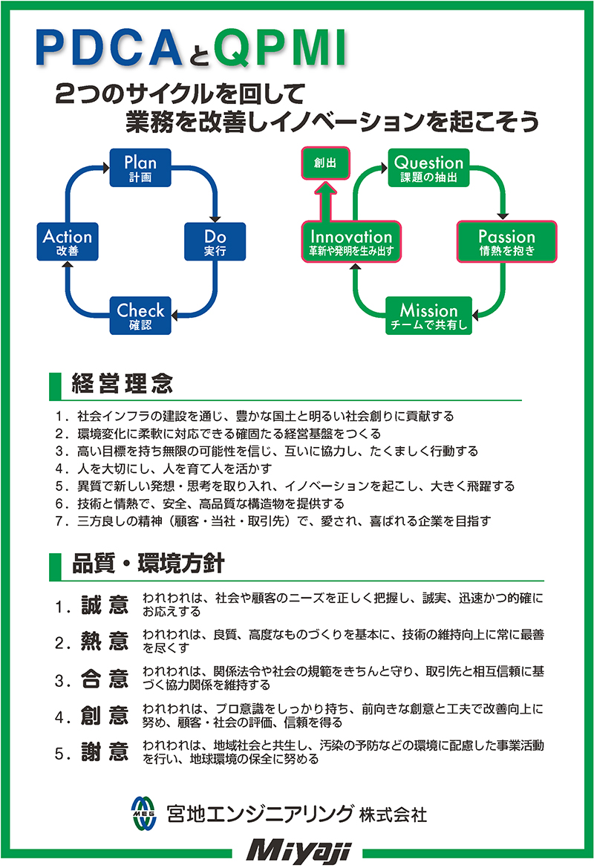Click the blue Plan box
click(x=140, y=167)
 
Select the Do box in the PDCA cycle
click(x=215, y=241)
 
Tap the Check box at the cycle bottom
click(x=140, y=316)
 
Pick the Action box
click(x=68, y=241)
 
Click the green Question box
click(x=428, y=167)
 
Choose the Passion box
click(x=506, y=242)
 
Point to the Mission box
click(x=428, y=316)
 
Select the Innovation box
click(x=351, y=242)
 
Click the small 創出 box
click(x=325, y=163)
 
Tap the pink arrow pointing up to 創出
click(x=325, y=202)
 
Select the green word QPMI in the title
click(x=280, y=49)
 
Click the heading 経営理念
click(x=123, y=383)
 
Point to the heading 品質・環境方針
click(x=148, y=563)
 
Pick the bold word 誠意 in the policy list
click(x=105, y=604)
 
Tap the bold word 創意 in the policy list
click(x=105, y=715)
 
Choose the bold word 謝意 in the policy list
click(x=105, y=751)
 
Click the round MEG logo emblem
click(x=143, y=813)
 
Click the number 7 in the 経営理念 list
click(x=59, y=521)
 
